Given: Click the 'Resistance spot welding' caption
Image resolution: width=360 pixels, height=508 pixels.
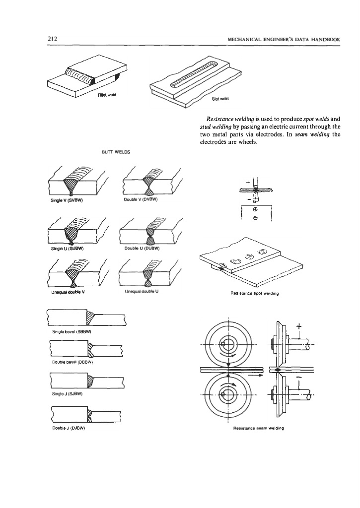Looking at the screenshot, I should (255, 293).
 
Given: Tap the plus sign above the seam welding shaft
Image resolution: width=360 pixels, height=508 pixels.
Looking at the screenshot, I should (298, 326).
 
